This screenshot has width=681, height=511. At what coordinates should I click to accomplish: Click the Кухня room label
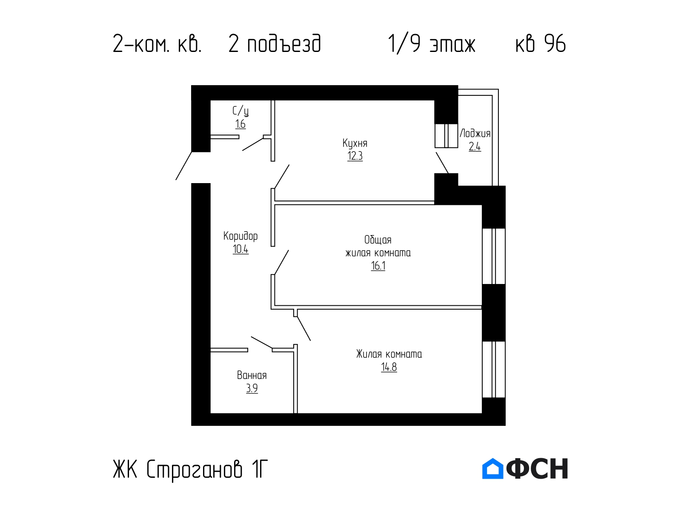click(x=355, y=144)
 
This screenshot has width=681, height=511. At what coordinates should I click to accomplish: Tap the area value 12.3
click(x=355, y=156)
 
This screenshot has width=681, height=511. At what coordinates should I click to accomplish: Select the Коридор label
click(x=240, y=236)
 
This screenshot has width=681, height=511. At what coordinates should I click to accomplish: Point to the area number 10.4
click(x=240, y=249)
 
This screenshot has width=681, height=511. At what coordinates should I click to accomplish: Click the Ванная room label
click(x=252, y=376)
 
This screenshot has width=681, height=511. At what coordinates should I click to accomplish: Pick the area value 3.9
click(x=252, y=388)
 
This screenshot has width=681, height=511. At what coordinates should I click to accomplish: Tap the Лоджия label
click(x=475, y=133)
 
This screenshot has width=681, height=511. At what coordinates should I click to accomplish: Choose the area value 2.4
click(x=475, y=146)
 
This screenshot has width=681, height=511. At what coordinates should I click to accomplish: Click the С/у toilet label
click(x=240, y=111)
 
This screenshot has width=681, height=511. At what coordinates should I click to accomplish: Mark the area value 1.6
click(x=240, y=124)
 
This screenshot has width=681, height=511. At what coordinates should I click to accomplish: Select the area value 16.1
click(x=378, y=266)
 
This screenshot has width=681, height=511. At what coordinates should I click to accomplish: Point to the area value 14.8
click(x=389, y=367)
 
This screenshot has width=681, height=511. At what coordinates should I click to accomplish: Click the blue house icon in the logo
click(x=493, y=468)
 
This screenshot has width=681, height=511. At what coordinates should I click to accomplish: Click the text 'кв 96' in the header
click(x=541, y=44)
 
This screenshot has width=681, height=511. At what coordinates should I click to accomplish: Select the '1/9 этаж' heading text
click(x=432, y=44)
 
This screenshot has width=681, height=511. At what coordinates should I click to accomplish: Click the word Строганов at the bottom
click(x=194, y=470)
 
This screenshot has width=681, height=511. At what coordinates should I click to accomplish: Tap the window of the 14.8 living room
click(x=494, y=370)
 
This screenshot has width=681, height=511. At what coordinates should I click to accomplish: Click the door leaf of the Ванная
click(x=261, y=342)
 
